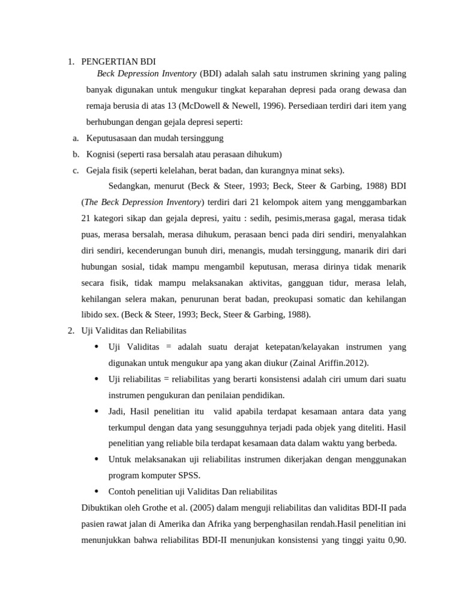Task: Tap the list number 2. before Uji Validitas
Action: (x=70, y=330)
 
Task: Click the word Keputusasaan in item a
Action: (x=110, y=138)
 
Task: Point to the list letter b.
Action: (x=76, y=154)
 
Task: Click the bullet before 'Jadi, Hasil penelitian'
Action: (x=97, y=411)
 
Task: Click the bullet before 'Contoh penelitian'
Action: (x=97, y=491)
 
